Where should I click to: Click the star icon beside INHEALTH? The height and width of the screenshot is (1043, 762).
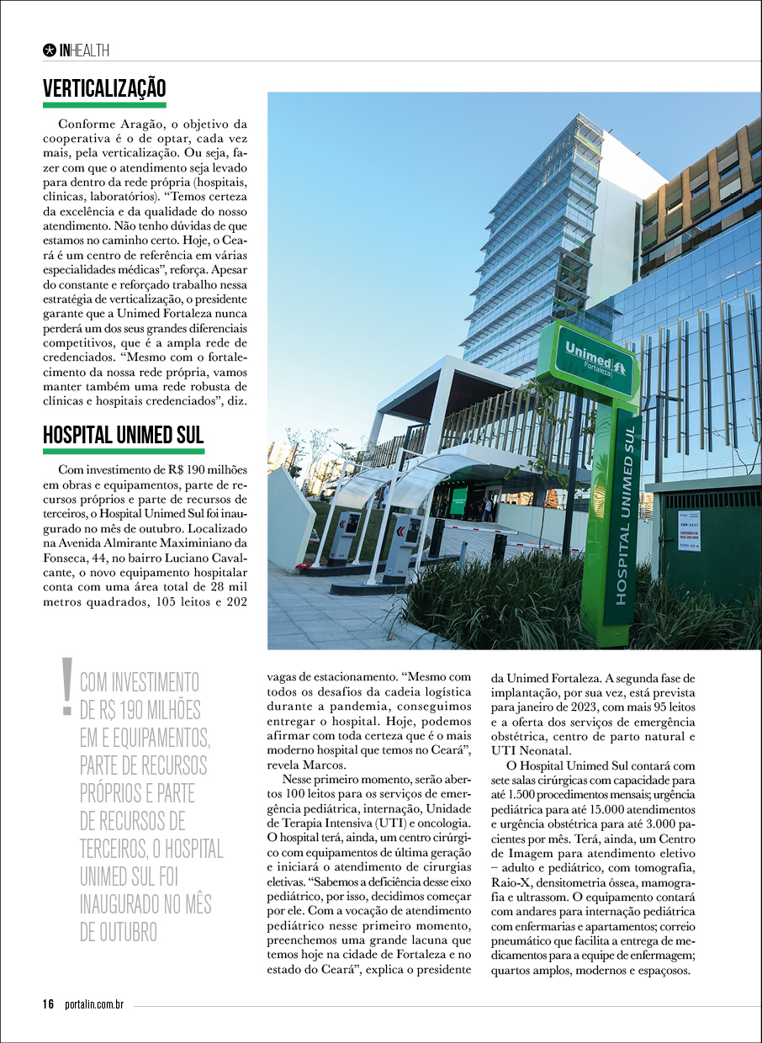(x=50, y=50)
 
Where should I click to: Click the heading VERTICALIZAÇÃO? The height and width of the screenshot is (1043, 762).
(x=104, y=88)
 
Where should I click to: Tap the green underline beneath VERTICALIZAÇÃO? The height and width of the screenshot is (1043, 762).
(x=104, y=105)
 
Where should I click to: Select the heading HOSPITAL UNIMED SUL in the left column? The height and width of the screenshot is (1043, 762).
(x=123, y=436)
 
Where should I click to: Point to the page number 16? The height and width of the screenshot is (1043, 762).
(x=49, y=1004)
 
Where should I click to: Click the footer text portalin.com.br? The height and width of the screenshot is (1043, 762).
(x=94, y=1004)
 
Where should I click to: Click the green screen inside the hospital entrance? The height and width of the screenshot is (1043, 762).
(x=459, y=500)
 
